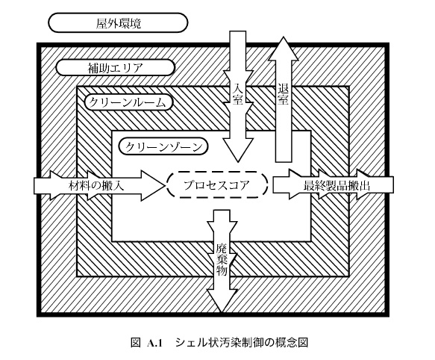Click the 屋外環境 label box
pyautogui.click(x=118, y=22)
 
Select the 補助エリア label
pyautogui.click(x=116, y=68)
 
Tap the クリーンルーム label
pyautogui.click(x=127, y=103)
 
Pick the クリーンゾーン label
pyautogui.click(x=163, y=147)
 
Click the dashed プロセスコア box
pyautogui.click(x=217, y=184)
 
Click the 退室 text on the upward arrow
pyautogui.click(x=283, y=94)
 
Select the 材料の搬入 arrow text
pyautogui.click(x=96, y=185)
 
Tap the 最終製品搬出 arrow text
pyautogui.click(x=337, y=185)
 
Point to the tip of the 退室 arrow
pyautogui.click(x=283, y=37)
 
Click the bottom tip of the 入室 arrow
pyautogui.click(x=237, y=161)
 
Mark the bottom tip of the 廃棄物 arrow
pyautogui.click(x=222, y=312)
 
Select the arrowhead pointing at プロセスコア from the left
pyautogui.click(x=152, y=185)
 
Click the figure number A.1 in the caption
pyautogui.click(x=154, y=343)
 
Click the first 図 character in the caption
pyautogui.click(x=136, y=343)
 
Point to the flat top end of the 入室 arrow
pyautogui.click(x=237, y=31)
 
